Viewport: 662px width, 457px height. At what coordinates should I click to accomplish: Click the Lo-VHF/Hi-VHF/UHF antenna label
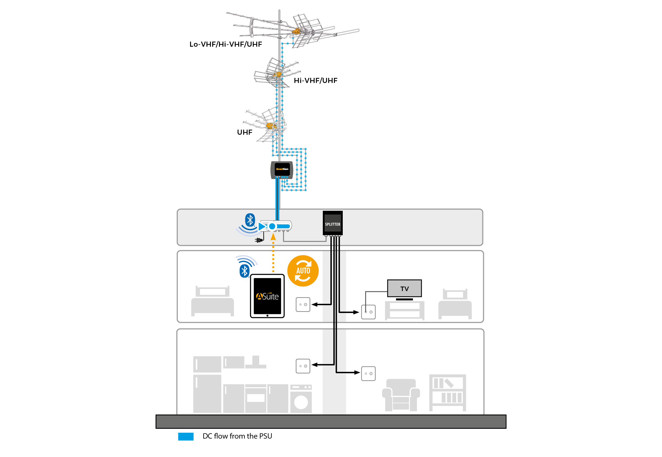(226, 44)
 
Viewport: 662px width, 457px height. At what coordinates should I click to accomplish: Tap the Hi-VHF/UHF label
(316, 81)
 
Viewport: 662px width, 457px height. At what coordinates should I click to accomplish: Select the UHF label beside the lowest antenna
(244, 132)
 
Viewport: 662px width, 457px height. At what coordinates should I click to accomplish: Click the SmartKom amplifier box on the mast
(282, 169)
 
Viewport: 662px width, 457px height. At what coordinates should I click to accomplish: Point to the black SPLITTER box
(332, 223)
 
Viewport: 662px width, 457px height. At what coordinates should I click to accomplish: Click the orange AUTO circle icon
(303, 271)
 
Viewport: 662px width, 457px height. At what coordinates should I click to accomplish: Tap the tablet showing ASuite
(267, 296)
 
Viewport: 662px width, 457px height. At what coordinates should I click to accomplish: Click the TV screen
(404, 288)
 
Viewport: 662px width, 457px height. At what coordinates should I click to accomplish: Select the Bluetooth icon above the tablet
(244, 271)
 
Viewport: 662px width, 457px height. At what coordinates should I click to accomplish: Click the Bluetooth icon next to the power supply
(250, 220)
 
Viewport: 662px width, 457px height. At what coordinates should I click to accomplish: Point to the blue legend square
(186, 436)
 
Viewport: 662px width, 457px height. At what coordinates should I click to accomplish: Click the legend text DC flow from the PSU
(237, 436)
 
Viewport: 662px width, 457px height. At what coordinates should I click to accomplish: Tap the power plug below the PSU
(259, 240)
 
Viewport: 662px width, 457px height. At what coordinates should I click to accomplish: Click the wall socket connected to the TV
(368, 312)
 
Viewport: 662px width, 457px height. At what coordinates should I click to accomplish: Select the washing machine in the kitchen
(301, 399)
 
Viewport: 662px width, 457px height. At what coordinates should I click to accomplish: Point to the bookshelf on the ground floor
(447, 392)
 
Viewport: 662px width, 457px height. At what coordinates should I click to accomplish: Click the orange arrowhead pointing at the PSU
(273, 237)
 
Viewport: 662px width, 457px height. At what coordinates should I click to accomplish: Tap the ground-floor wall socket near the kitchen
(303, 366)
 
